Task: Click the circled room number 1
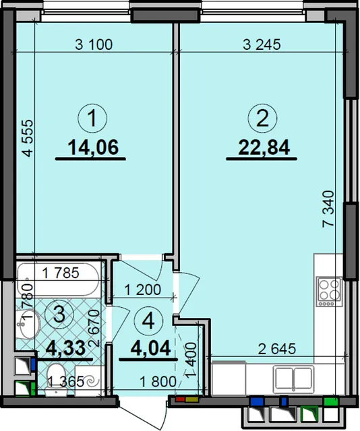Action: tap(92, 119)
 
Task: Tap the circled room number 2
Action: tap(262, 119)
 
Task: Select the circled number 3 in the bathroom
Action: tap(59, 315)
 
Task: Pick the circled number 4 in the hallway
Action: tap(149, 321)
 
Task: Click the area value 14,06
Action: tap(93, 147)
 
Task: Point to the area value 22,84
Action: tap(264, 147)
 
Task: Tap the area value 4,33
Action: tap(66, 348)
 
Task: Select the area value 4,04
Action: tap(151, 348)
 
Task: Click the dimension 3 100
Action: tap(94, 44)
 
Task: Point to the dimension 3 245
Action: tap(262, 44)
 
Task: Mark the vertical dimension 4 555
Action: tap(28, 138)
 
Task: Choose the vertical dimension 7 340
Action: tap(328, 209)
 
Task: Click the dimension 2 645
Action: tap(277, 349)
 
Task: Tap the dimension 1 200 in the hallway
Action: tap(142, 290)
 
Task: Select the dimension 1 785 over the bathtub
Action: tap(61, 273)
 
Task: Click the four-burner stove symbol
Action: tap(330, 292)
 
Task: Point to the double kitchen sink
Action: tap(294, 378)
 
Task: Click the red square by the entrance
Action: tap(180, 399)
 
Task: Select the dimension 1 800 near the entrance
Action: tap(158, 382)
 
